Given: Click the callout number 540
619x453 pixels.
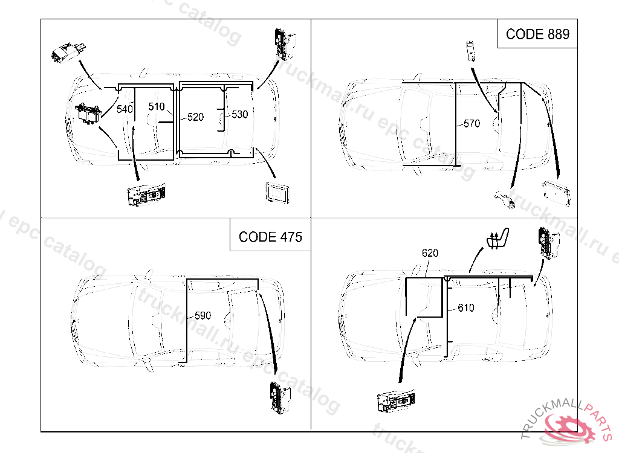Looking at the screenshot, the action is pos(125,109).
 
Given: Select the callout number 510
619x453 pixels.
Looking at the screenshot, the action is pos(157,107).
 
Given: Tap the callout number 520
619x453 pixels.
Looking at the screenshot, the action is pos(195,117).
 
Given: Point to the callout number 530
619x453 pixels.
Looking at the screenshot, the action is pos(239,114).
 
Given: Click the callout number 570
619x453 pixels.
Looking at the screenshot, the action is pos(472,124).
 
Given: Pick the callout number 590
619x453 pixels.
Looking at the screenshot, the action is pos(203,315).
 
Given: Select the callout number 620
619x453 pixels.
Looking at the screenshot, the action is pos(430,253).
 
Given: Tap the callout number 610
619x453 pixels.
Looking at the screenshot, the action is pos(466,308).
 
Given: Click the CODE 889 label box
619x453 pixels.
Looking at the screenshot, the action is pos(537,34).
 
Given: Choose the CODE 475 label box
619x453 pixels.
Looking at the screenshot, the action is pos(270,236).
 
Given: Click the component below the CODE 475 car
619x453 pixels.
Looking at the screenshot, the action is pos(279,399).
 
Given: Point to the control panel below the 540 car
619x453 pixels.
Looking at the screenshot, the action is pos(146,197).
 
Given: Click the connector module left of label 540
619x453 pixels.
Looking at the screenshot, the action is pos(88,113).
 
